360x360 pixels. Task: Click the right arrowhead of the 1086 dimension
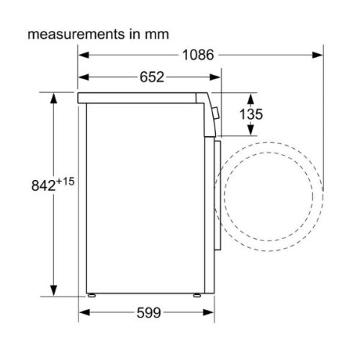point(317,55)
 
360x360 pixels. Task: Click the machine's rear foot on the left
point(92,294)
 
